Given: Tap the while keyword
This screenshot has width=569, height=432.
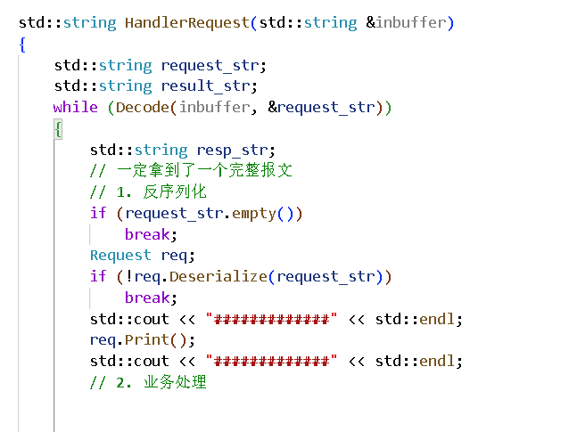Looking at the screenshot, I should (x=76, y=107).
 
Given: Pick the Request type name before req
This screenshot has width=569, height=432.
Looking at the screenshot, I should (x=120, y=255).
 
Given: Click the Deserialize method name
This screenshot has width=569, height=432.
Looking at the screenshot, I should (x=218, y=276).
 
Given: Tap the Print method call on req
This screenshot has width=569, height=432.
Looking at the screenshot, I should (x=142, y=339).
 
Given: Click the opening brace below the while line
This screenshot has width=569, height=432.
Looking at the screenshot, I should (x=58, y=128).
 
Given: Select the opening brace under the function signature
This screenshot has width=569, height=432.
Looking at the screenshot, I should (x=22, y=44).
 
